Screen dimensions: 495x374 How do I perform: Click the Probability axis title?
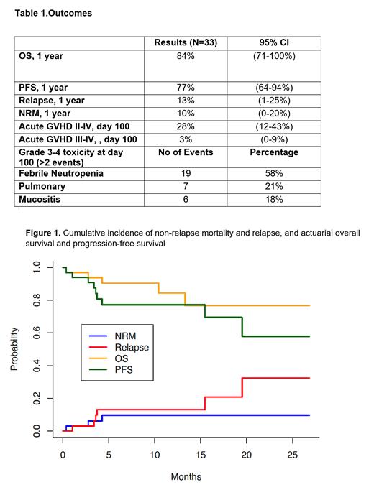14,349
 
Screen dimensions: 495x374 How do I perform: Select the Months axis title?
186,476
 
